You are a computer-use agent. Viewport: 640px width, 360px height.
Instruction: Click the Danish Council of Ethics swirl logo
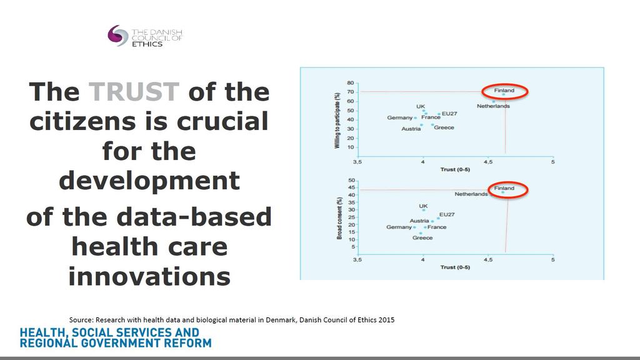[x=118, y=36]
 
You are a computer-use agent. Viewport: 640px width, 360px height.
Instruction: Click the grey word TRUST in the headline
[x=134, y=91]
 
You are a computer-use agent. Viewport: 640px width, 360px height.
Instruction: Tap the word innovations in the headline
[x=149, y=276]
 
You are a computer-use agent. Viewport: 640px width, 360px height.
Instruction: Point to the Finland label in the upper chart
[x=504, y=90]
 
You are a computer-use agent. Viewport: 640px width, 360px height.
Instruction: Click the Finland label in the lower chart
[x=504, y=188]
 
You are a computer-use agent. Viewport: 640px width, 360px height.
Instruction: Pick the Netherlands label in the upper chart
[x=493, y=106]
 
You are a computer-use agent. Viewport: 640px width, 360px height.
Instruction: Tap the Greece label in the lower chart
[x=422, y=238]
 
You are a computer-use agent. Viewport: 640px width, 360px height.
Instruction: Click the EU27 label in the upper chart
[x=449, y=114]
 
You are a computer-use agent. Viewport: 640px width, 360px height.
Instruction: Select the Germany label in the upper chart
[x=399, y=117]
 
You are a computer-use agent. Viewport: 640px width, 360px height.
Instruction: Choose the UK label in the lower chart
[x=423, y=206]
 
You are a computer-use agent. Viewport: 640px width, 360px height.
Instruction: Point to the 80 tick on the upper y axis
[x=351, y=83]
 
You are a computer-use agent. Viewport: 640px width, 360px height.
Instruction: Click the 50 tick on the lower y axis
[x=351, y=181]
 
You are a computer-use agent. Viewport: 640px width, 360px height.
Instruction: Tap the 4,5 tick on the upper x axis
[x=487, y=162]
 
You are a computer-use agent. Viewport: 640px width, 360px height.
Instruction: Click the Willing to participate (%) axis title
[x=337, y=120]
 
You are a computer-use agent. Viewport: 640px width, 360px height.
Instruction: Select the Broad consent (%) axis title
[x=339, y=218]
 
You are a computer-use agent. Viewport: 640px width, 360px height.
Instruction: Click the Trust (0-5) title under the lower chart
[x=455, y=267]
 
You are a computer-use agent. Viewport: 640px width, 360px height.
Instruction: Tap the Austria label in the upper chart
[x=411, y=129]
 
